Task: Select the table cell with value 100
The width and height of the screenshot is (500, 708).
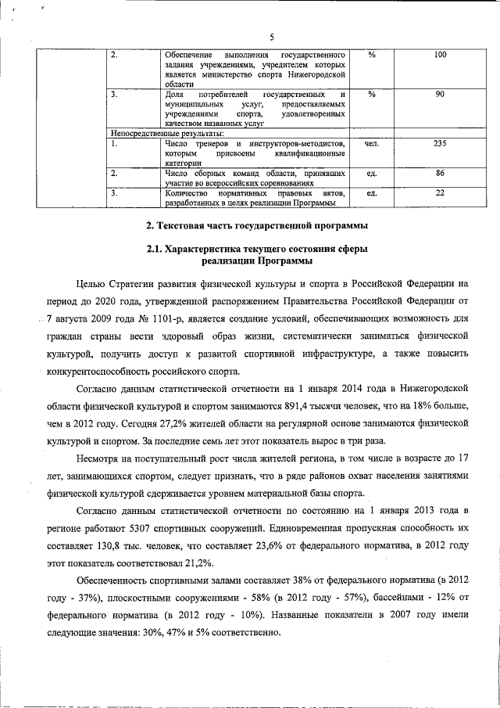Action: tap(440, 56)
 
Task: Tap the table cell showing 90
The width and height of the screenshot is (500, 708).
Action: tap(440, 95)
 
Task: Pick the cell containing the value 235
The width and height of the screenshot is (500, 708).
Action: tap(440, 144)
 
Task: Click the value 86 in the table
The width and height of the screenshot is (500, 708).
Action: tap(440, 173)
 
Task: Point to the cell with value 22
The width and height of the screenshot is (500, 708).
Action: tap(440, 192)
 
